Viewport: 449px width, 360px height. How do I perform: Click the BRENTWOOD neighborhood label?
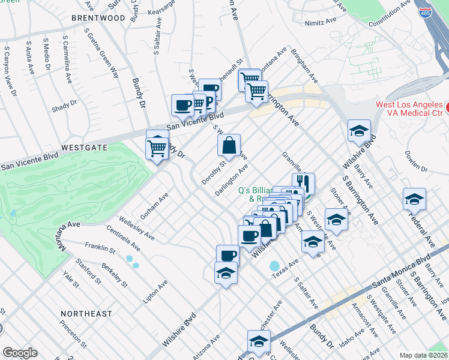click(98, 18)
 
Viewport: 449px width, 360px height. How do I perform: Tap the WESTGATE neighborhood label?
click(83, 147)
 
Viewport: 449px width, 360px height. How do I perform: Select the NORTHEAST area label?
click(86, 314)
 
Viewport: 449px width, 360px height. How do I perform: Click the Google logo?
click(19, 353)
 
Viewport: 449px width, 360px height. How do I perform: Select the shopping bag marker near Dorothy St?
click(229, 145)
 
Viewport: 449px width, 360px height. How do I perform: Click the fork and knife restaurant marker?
click(304, 182)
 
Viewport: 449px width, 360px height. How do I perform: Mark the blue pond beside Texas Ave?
click(274, 265)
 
